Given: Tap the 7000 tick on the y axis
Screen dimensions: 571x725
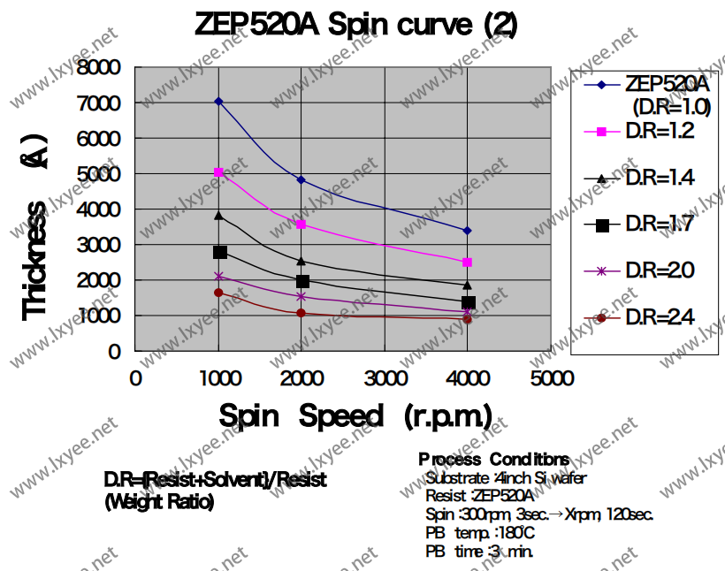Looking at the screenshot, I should (x=100, y=103).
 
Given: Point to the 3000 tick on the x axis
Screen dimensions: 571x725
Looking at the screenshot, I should (x=385, y=378).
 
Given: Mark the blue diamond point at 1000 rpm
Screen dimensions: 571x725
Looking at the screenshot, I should (x=218, y=102).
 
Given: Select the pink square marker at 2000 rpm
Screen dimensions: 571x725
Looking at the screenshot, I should (x=301, y=225).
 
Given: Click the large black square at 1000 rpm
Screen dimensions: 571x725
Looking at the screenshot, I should (x=219, y=253).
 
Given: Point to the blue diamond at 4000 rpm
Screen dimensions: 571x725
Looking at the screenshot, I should (x=467, y=231).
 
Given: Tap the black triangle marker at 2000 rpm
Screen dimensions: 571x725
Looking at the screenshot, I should (x=301, y=261).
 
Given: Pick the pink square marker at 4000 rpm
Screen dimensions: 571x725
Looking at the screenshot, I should (x=467, y=263).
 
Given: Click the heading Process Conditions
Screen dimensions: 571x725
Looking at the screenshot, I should (x=493, y=460).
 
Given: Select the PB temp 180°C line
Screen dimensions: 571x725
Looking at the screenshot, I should (x=480, y=533).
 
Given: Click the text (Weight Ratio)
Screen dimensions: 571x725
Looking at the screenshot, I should (x=158, y=502).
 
